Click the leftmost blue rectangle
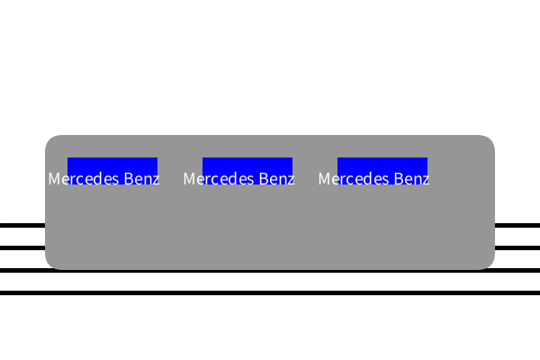[112, 171]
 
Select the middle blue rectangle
[247, 171]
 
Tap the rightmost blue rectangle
[382, 171]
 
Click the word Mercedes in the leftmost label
[84, 179]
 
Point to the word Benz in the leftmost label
[141, 179]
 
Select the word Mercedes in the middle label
[219, 179]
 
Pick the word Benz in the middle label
[276, 179]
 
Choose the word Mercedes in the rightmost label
[354, 179]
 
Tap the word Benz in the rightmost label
[411, 179]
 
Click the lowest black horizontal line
[270, 292]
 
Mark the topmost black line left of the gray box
[22, 226]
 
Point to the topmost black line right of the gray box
[517, 226]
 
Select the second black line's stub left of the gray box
[22, 248]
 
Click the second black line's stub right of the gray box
[517, 248]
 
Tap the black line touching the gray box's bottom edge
[270, 271]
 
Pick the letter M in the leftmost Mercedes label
[54, 179]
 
